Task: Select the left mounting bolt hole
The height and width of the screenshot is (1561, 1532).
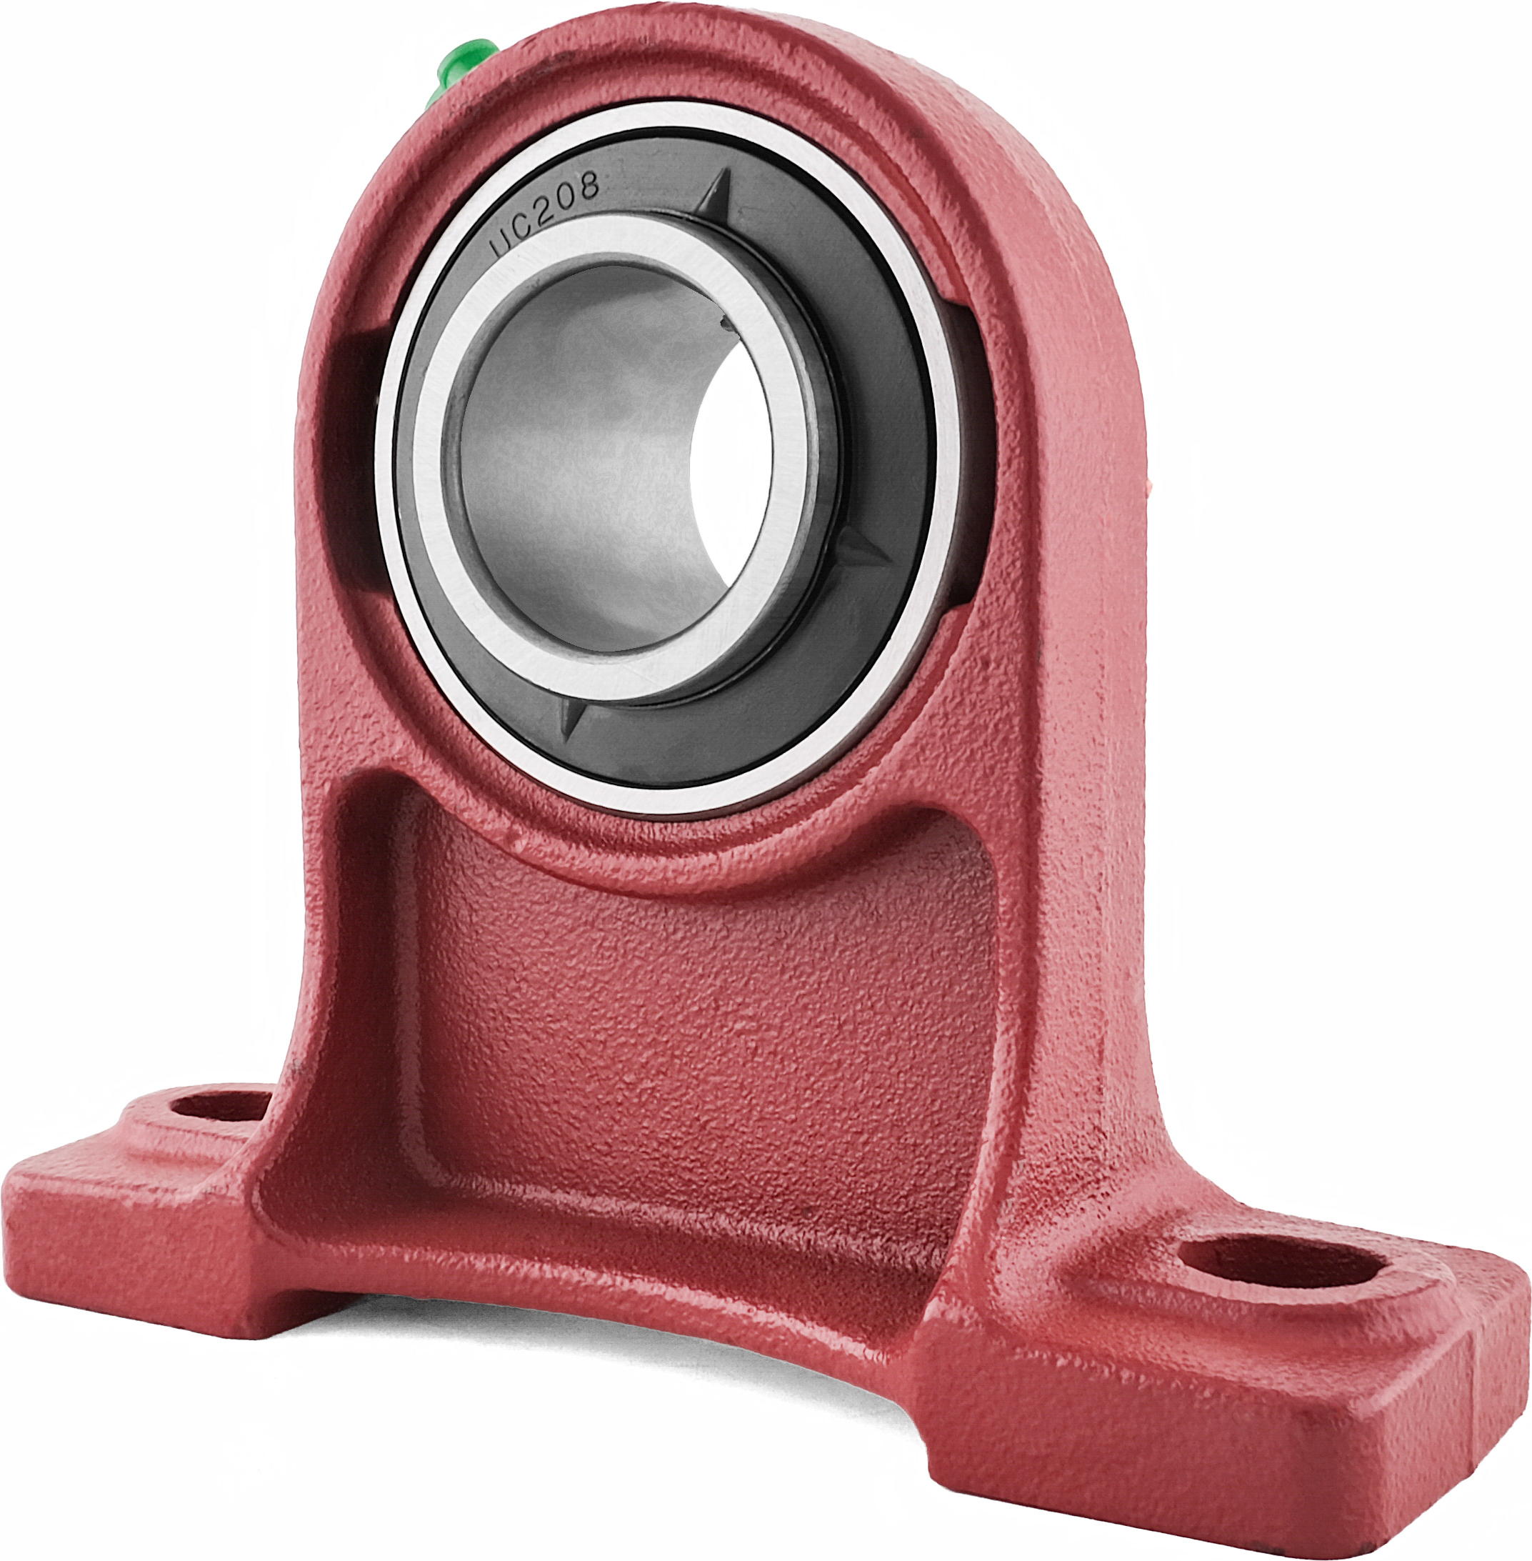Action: pyautogui.click(x=221, y=1104)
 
